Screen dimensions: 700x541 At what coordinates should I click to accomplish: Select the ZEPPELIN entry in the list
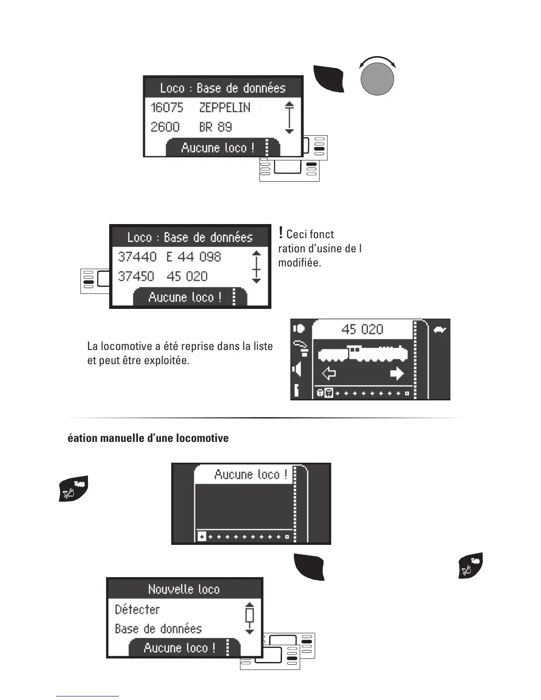(x=225, y=108)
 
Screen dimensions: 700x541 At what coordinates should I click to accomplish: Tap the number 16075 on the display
(x=167, y=108)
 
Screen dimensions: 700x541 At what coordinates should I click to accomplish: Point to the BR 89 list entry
(x=215, y=127)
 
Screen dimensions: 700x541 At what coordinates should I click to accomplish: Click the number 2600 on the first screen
(x=165, y=127)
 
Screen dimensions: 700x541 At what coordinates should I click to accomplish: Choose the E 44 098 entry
(x=194, y=257)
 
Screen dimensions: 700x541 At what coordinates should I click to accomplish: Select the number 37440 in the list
(x=137, y=257)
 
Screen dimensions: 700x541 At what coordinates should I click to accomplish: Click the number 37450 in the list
(x=136, y=277)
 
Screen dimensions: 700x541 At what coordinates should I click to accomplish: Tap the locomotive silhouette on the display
(x=362, y=353)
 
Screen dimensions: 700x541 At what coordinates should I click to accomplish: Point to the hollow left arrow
(x=328, y=374)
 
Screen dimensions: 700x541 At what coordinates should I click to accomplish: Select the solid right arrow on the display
(x=397, y=374)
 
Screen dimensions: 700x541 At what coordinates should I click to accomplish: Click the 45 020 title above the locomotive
(x=362, y=329)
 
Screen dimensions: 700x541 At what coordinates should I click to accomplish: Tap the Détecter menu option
(x=137, y=610)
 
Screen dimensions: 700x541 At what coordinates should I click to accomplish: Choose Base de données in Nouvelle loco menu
(x=158, y=629)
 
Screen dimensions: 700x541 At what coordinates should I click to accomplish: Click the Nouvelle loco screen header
(x=184, y=590)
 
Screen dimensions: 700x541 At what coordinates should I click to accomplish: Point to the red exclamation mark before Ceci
(x=281, y=232)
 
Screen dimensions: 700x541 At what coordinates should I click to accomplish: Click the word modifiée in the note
(x=299, y=263)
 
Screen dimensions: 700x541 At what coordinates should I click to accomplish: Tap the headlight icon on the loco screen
(x=298, y=328)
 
